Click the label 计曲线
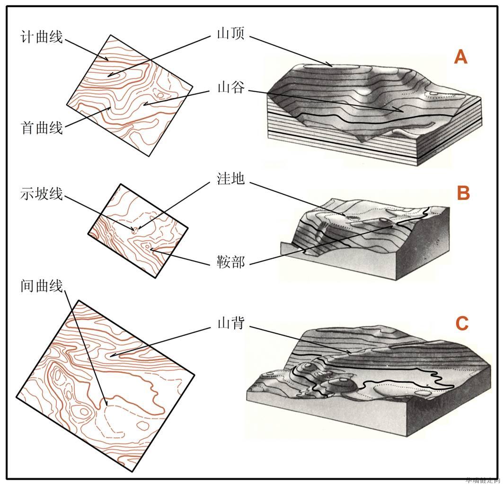[42, 37]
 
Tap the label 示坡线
[42, 193]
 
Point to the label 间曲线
[42, 286]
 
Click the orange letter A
[460, 57]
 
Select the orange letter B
[463, 193]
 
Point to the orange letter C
[461, 324]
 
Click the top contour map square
[130, 95]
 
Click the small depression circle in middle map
[135, 230]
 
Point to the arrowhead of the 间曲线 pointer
[107, 405]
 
